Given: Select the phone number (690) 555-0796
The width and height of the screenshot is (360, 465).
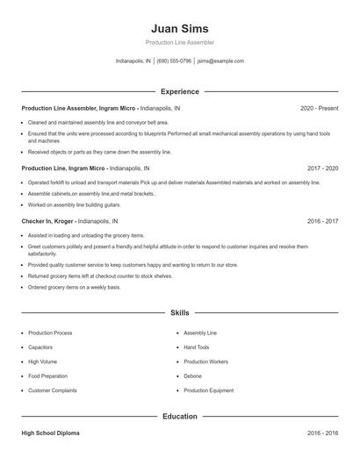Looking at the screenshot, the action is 175,61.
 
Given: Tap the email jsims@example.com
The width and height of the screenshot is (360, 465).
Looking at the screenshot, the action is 220,61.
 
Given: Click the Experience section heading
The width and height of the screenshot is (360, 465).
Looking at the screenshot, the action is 179,91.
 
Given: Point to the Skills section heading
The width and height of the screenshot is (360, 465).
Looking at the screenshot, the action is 179,312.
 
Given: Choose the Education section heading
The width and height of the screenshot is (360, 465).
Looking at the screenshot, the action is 179,416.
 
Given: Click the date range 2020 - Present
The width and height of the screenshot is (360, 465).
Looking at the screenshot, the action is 319,108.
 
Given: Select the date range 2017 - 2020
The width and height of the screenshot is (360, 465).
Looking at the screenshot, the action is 322,168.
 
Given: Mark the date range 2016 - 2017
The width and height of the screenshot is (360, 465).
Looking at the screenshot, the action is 322,222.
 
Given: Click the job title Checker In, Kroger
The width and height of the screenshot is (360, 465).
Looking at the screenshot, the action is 48,222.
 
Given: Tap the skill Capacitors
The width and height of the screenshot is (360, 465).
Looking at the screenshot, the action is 42,347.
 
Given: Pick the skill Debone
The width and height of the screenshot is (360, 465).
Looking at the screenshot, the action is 192,376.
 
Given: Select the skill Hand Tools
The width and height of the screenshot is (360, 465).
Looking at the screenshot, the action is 197,347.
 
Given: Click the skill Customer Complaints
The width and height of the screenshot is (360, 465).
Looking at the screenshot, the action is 52,390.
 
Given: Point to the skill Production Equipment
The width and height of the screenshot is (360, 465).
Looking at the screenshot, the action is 208,390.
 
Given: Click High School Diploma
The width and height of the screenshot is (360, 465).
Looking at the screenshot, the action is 51,433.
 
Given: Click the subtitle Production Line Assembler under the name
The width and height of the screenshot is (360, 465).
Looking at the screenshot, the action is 179,42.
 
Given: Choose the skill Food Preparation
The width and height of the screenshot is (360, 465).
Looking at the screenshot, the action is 48,376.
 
